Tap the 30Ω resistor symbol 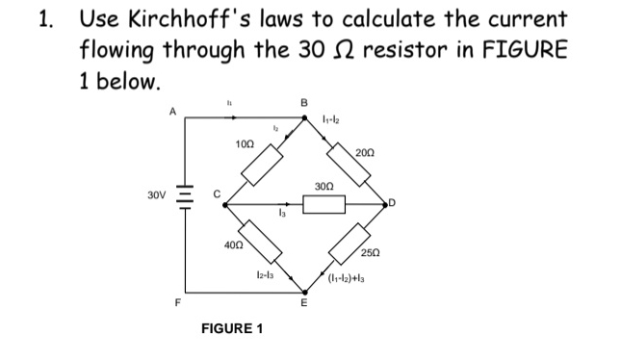(x=323, y=203)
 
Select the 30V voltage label (x=156, y=203)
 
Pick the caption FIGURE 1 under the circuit (x=231, y=328)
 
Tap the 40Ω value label (x=232, y=247)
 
